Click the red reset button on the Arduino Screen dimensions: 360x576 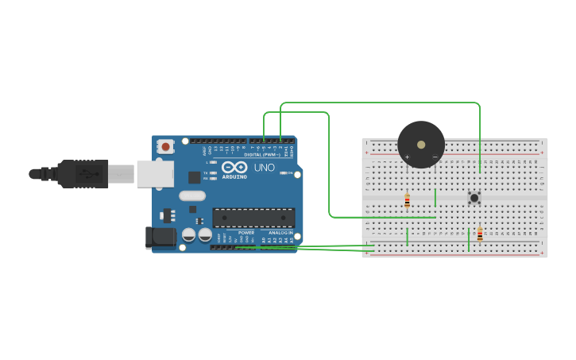[166, 146]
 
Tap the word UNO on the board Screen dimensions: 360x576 [263, 168]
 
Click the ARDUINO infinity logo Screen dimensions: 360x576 [234, 167]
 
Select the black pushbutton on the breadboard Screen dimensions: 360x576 [474, 197]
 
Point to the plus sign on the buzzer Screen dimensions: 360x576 [407, 157]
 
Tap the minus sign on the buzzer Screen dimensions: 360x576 [435, 157]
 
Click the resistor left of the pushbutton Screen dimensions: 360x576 [408, 202]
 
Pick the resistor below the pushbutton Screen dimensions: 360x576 [480, 234]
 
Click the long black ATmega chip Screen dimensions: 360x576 [253, 218]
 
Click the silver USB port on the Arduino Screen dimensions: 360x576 [155, 173]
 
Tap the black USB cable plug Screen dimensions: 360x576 [83, 173]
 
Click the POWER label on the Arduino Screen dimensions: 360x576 [246, 233]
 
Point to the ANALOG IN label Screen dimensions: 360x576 [279, 233]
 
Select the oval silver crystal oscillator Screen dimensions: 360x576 [192, 195]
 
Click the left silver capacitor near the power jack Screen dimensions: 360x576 [189, 235]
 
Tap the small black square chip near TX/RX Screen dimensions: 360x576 [194, 177]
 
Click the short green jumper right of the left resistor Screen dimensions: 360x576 [435, 198]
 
